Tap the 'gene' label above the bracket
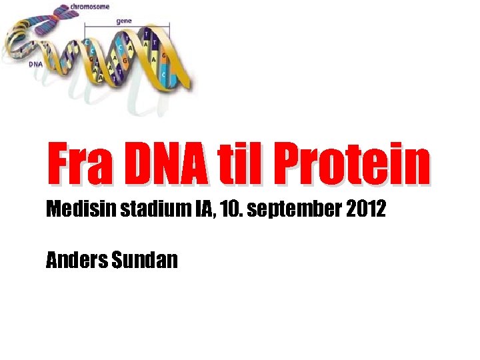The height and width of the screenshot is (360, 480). pos(124,21)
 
